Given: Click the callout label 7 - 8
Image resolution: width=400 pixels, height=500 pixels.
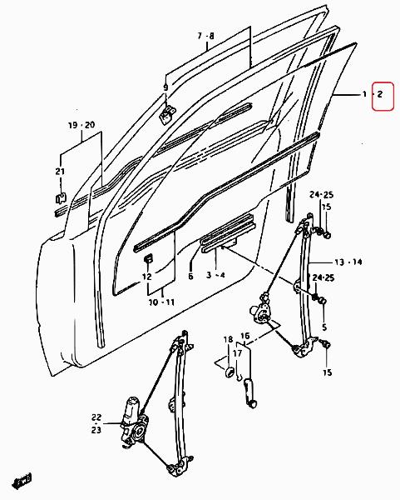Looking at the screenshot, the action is coord(205,36).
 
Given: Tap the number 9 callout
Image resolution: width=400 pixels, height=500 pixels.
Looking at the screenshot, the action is coord(165,87).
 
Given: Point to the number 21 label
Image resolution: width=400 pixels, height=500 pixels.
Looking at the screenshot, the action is coord(60,171).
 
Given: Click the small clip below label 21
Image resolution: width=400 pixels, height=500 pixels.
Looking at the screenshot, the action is coord(61,198).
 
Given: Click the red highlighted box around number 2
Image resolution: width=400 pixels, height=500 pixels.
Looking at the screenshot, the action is coord(383,97).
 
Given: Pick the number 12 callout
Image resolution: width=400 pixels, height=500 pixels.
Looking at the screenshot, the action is coord(146,277).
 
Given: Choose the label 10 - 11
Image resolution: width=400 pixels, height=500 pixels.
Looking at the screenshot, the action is coord(161,302).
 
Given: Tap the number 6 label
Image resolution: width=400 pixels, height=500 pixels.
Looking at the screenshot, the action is coord(190,276).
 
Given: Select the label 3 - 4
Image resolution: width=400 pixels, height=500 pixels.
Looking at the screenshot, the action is coord(215,274).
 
